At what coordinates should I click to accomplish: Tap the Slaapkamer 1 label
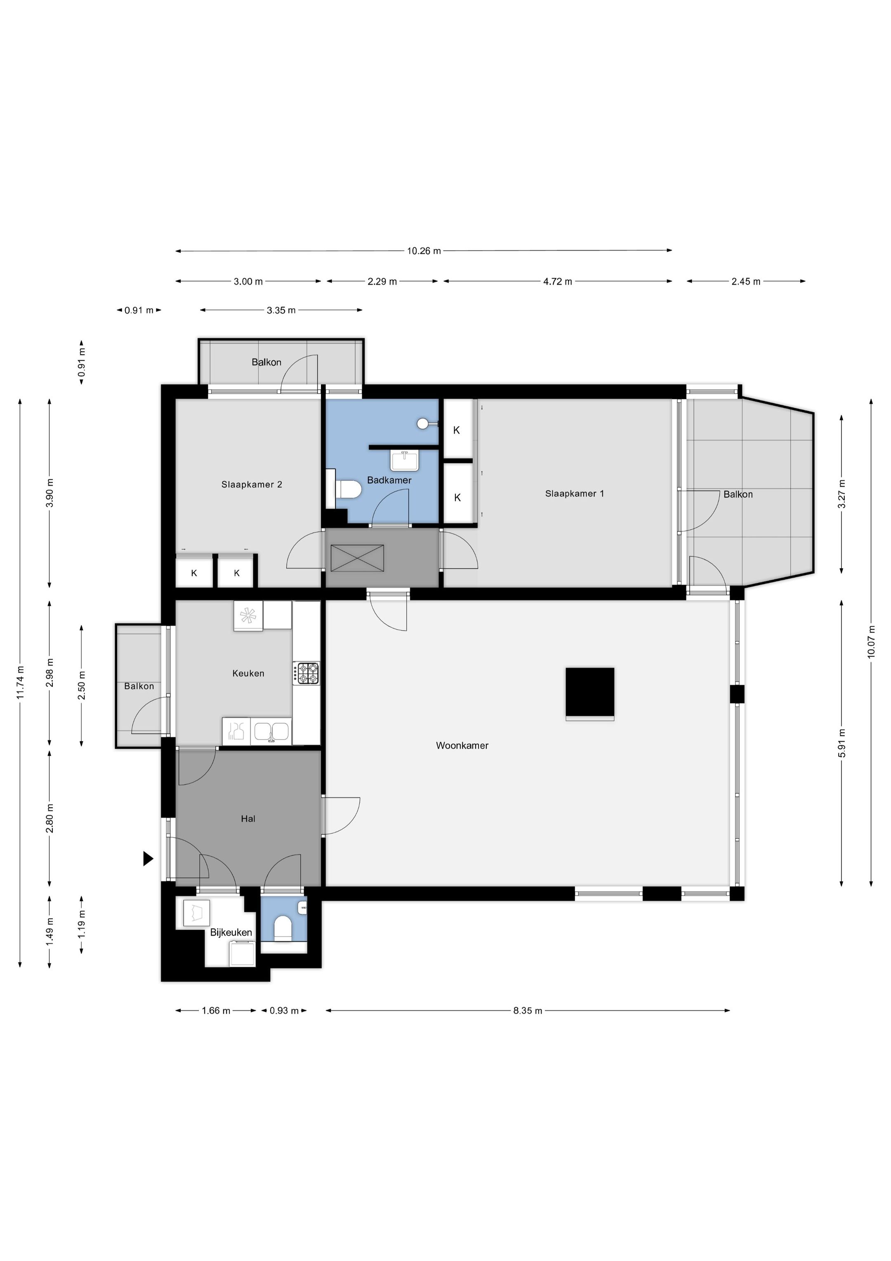coord(574,493)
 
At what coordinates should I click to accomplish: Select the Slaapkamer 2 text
coord(252,485)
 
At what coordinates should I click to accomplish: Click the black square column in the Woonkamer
coord(589,693)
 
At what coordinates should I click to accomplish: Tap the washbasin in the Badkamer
coord(405,460)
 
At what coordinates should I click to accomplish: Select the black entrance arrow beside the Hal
coord(148,858)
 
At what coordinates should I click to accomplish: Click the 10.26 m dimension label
coord(424,251)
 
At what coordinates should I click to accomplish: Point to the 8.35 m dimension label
coord(528,1010)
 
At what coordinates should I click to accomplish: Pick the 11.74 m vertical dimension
coord(20,683)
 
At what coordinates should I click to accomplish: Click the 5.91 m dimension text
coord(841,743)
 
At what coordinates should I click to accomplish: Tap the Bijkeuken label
coord(231,932)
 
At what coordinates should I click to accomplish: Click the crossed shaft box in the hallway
coord(357,558)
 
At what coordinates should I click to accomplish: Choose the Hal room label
coord(248,819)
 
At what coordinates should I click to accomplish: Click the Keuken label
coord(248,673)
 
